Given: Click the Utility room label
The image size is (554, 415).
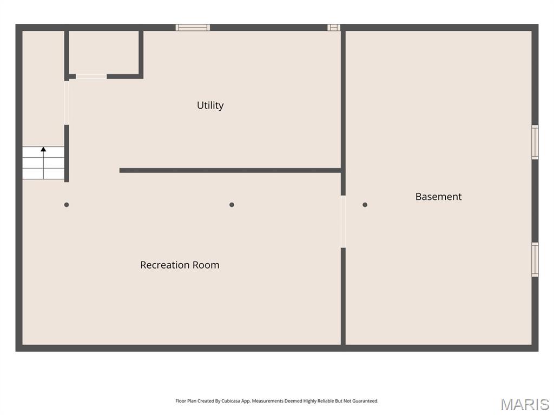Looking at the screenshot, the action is click(210, 105).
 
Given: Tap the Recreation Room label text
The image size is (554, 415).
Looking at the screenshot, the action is click(180, 265).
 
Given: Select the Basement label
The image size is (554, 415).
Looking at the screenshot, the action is click(438, 197).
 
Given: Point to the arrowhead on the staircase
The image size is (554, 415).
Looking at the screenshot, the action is click(43, 149).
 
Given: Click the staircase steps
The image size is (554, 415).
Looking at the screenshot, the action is click(43, 163).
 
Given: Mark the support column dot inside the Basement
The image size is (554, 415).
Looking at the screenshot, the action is click(365, 205).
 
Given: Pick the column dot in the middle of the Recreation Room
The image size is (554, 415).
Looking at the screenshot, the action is click(232, 205).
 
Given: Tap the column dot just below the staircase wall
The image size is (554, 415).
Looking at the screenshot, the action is click(67, 205).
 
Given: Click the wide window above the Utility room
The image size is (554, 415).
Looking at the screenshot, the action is click(193, 28).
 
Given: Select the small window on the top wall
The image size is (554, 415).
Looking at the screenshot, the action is click(334, 28).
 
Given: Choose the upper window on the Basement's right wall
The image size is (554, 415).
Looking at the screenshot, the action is click(535, 142).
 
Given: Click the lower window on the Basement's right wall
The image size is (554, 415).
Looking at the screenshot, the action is click(535, 259).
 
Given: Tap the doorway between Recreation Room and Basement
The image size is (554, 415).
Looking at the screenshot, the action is click(343, 222).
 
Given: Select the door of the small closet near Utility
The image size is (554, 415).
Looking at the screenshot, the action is click(91, 77).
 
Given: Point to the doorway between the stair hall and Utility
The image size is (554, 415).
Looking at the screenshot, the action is click(67, 103).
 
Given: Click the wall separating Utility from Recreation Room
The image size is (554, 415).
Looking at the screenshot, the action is click(230, 170).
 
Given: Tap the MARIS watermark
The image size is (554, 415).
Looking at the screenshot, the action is click(525, 404).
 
